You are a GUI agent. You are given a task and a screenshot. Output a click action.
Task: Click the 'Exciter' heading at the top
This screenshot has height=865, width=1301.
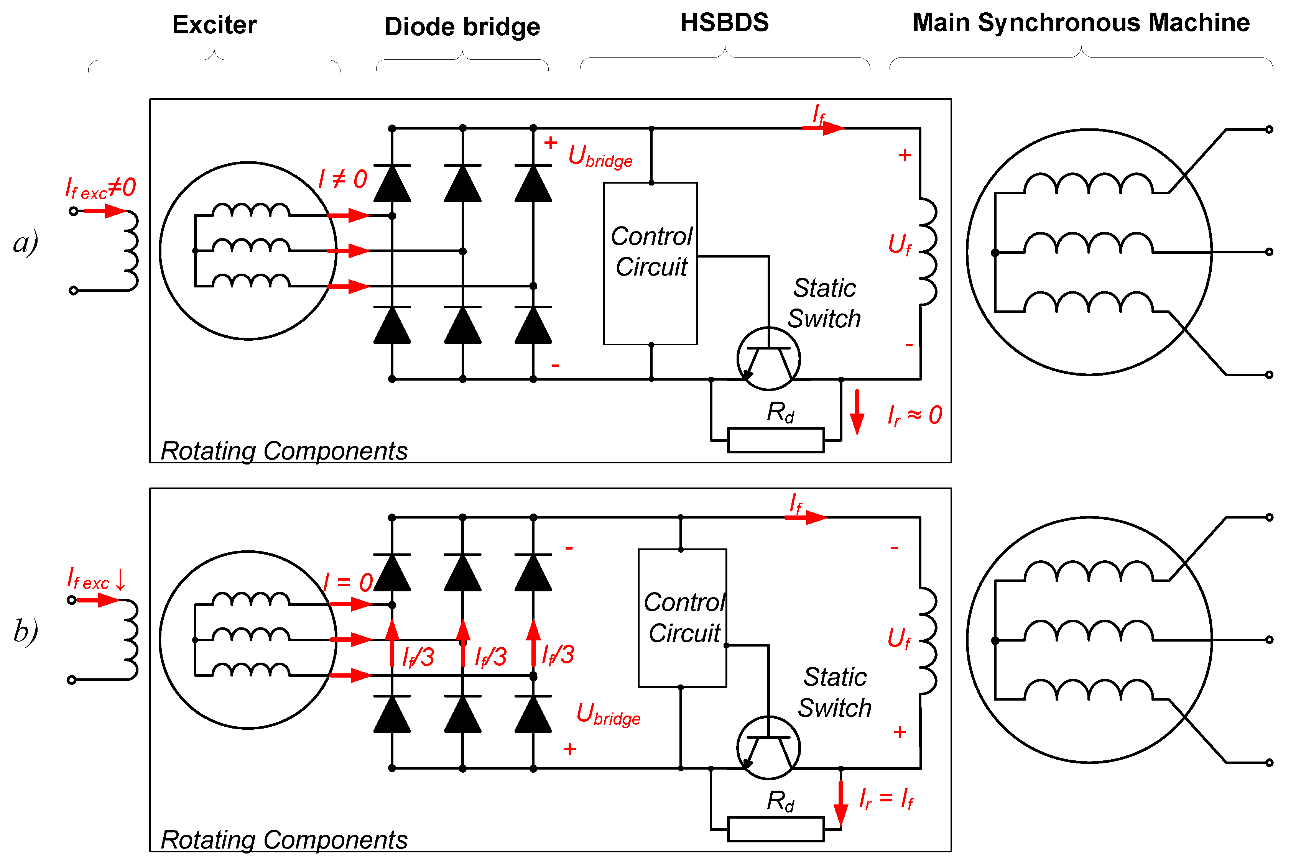pyautogui.click(x=214, y=25)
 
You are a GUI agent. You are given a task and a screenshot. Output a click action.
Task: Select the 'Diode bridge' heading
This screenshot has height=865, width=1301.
pyautogui.click(x=462, y=26)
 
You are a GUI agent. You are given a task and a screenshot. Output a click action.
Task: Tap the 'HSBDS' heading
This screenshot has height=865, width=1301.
pyautogui.click(x=724, y=23)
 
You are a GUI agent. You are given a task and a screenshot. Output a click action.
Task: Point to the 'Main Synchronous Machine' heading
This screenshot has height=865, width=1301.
pyautogui.click(x=1081, y=23)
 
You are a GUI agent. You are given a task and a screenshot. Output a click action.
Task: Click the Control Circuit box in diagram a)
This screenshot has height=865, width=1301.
pyautogui.click(x=650, y=263)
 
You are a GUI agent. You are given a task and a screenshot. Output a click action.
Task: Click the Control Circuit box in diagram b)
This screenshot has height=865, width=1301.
pyautogui.click(x=682, y=618)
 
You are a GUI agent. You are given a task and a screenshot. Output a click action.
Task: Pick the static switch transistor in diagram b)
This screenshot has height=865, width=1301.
pyautogui.click(x=768, y=747)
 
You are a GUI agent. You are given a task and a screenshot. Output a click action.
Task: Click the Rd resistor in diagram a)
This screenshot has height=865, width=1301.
pyautogui.click(x=776, y=440)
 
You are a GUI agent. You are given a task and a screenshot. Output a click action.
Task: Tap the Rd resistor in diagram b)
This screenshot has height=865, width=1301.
pyautogui.click(x=776, y=829)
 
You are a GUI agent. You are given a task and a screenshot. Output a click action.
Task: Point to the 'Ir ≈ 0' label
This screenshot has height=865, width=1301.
pyautogui.click(x=914, y=415)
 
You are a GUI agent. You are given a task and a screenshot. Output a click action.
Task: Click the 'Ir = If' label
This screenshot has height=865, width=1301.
pyautogui.click(x=886, y=798)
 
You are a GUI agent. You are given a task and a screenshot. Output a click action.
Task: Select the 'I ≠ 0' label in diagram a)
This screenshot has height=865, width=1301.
pyautogui.click(x=342, y=179)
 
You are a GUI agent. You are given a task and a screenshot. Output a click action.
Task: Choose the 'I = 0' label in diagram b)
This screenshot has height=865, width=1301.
pyautogui.click(x=348, y=583)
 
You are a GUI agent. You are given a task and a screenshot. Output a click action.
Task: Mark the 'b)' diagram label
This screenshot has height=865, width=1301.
pyautogui.click(x=25, y=630)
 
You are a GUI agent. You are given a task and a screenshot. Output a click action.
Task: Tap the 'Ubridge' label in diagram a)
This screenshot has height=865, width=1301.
pyautogui.click(x=600, y=156)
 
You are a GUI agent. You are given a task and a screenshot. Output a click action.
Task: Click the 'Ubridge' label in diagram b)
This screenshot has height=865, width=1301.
pyautogui.click(x=608, y=714)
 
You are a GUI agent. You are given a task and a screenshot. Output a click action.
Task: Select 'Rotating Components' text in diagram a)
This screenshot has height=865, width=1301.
pyautogui.click(x=284, y=451)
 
